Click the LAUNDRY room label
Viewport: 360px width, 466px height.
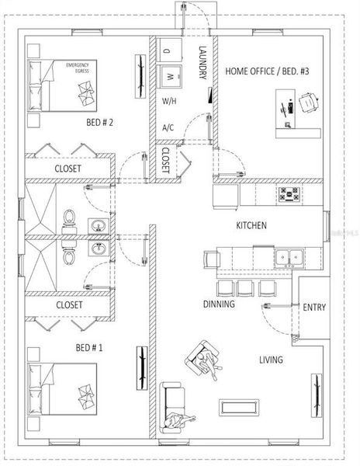pos(202,62)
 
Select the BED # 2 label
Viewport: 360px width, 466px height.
pos(100,122)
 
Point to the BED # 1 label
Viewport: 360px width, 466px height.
pos(89,347)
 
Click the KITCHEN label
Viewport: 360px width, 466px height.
pos(251,225)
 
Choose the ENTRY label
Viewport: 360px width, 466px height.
pos(314,308)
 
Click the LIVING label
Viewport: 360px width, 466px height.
pos(271,360)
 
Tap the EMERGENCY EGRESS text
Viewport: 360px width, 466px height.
pos(79,67)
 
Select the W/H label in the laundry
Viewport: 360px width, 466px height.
pos(169,102)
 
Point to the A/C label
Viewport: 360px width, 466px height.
pos(168,127)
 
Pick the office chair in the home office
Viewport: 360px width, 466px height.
pos(309,101)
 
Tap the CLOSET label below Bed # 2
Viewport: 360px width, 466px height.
pos(69,167)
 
